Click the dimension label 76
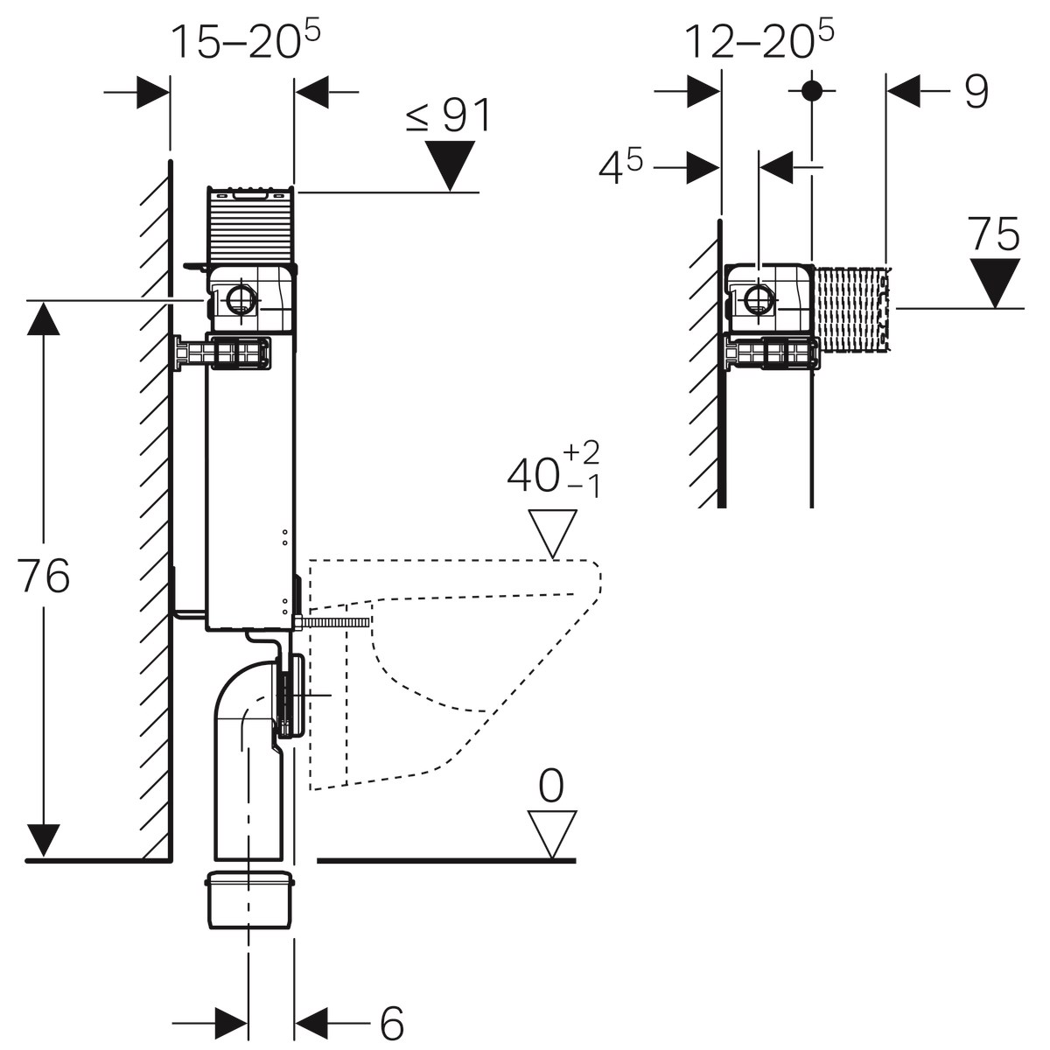click(45, 577)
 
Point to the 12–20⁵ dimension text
click(758, 40)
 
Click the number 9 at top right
click(976, 92)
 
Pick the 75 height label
click(994, 234)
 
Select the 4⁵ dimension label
click(620, 167)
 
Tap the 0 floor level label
click(551, 787)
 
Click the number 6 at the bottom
click(391, 1022)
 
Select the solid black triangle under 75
click(996, 282)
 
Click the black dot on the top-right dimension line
click(812, 90)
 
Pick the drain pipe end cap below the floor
click(248, 899)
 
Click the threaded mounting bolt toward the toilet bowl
click(336, 622)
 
